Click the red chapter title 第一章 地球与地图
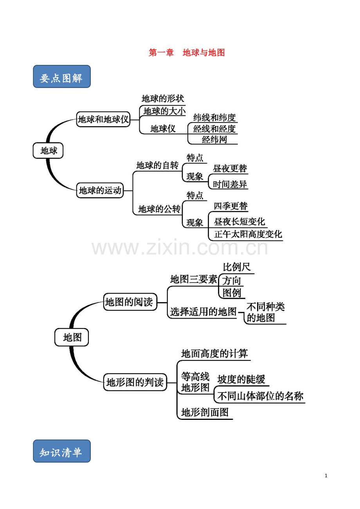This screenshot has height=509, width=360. point(187,53)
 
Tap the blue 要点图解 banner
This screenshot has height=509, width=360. point(62,77)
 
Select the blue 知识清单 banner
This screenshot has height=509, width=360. point(62,451)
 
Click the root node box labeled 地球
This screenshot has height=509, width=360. point(48,151)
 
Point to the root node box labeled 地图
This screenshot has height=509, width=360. point(72,337)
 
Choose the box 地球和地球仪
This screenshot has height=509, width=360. point(103,119)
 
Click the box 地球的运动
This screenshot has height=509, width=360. point(100,190)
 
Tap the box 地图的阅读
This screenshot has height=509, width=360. point(130,302)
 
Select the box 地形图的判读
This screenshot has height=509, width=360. point(135,382)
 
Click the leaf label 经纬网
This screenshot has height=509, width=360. point(214,140)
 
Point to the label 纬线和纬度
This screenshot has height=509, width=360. point(214,118)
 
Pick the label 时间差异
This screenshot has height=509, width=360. point(230,185)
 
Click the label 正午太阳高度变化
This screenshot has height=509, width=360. point(248,235)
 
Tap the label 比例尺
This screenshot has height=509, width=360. point(237,267)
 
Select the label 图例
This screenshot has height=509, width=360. point(232,293)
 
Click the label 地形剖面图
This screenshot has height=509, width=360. point(205,412)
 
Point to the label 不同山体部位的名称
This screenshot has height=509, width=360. point(260,396)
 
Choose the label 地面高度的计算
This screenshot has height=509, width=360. point(214,354)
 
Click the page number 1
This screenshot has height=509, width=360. point(326,476)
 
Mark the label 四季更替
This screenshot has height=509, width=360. point(230,206)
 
